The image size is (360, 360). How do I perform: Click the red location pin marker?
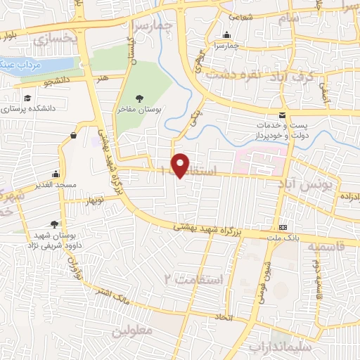181,165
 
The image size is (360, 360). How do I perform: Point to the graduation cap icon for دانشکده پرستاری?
27,98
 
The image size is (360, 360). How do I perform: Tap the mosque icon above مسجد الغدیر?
56,174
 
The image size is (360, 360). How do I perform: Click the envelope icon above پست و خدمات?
283,115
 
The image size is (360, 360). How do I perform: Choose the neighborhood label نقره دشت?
259,74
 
